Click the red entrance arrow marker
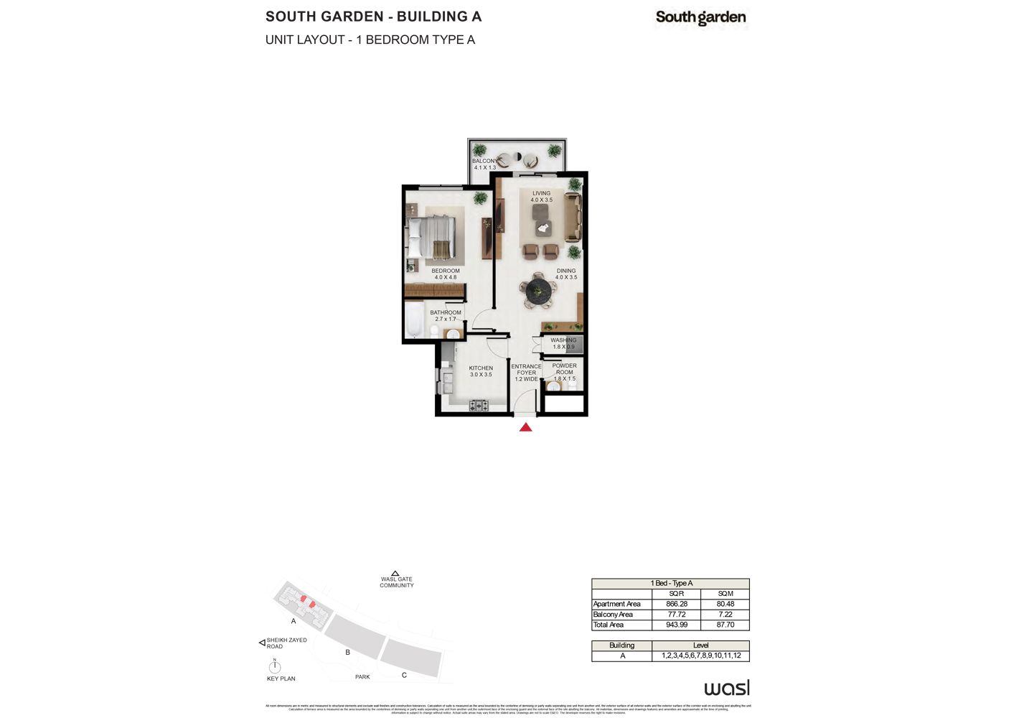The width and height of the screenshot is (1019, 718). tap(525, 427)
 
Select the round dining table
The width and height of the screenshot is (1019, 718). tap(539, 292)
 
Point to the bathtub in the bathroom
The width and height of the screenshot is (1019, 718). tap(414, 320)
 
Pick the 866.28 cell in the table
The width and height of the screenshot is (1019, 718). tap(676, 604)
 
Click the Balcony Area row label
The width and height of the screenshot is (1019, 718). tap(614, 615)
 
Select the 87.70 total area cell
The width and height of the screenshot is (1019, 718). tap(725, 625)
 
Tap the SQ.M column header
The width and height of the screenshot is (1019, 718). tap(725, 594)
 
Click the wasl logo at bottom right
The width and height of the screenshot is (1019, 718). tap(726, 688)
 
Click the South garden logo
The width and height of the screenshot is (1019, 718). tap(700, 18)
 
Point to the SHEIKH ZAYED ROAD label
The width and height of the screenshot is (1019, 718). tap(286, 643)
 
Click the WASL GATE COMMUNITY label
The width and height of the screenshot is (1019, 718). tap(396, 582)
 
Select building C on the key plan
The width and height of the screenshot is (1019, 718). tap(410, 657)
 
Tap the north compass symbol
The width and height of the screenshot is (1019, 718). tap(274, 666)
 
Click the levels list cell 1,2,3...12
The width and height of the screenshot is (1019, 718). tap(700, 656)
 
